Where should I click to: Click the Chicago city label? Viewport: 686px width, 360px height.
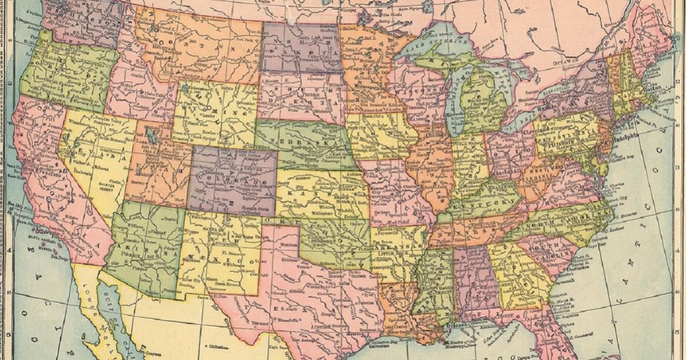click(439, 136)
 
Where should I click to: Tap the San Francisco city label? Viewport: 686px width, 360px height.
click(40, 170)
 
